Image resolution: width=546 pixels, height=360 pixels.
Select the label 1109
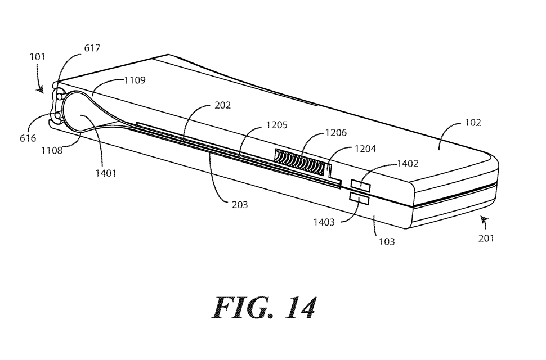coord(135,80)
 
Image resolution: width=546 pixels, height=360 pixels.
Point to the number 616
coord(27,138)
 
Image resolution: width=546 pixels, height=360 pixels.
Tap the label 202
coord(222,105)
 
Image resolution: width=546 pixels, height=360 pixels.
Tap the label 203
coord(239,205)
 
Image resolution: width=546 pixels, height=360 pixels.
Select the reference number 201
coord(486,238)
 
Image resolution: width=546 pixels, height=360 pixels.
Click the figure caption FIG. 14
coord(263,307)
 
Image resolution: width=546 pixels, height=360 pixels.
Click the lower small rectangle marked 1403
coord(359,197)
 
